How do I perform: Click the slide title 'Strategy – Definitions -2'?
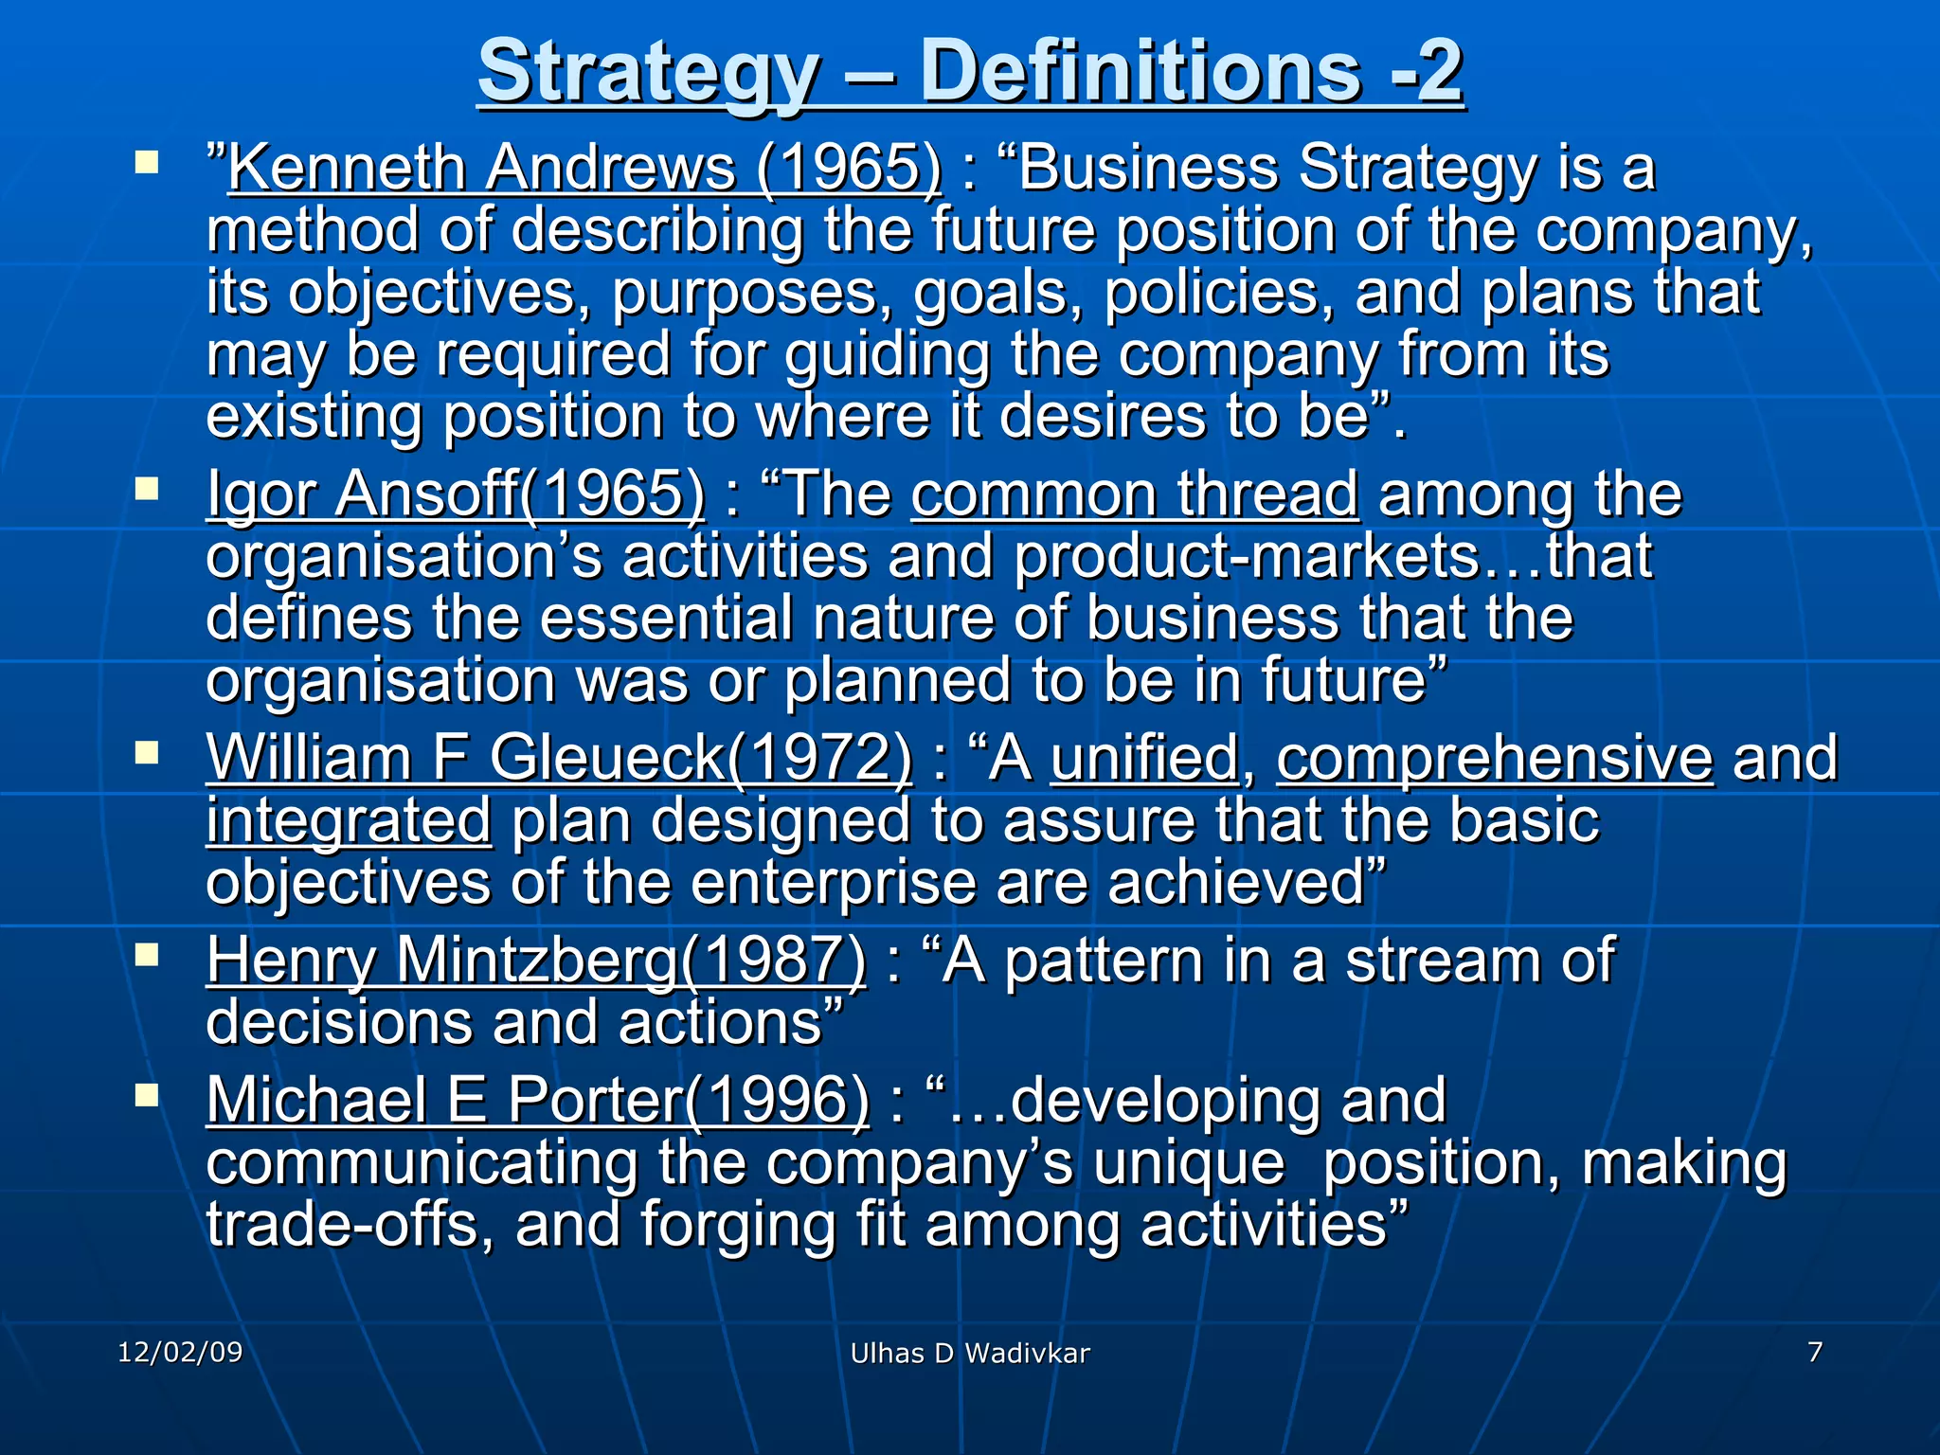(971, 72)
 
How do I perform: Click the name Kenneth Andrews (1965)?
(584, 169)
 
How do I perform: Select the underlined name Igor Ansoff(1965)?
(456, 494)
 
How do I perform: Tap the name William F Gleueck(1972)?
(559, 758)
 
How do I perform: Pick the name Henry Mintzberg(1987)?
(536, 961)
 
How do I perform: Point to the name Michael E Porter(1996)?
(537, 1100)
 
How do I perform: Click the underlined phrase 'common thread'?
(1135, 494)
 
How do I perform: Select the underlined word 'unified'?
(1144, 758)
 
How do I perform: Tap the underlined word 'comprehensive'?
(1495, 758)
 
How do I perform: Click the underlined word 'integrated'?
(349, 820)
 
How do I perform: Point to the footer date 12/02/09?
(180, 1352)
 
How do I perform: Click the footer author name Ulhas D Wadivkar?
(970, 1354)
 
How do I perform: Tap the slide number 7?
(1814, 1352)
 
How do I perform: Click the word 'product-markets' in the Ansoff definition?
(1247, 557)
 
